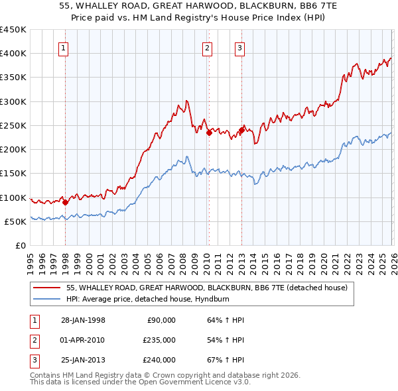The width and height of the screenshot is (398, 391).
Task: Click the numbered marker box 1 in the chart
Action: point(64,47)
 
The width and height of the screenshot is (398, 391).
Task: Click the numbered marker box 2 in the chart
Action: point(208,47)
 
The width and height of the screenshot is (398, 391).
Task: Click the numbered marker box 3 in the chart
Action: point(239,47)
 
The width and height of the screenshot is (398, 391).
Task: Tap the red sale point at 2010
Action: point(209,133)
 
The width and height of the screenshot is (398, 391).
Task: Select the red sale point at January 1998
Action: point(66,203)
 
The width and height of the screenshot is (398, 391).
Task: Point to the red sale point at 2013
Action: point(241,131)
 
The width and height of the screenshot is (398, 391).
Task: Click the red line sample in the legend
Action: point(47,288)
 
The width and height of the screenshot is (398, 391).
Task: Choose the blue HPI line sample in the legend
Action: point(47,299)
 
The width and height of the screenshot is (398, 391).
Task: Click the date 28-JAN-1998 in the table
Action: point(83,320)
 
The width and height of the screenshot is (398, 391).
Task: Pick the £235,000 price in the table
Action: point(159,340)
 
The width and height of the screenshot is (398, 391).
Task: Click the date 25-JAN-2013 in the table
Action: point(83,360)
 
